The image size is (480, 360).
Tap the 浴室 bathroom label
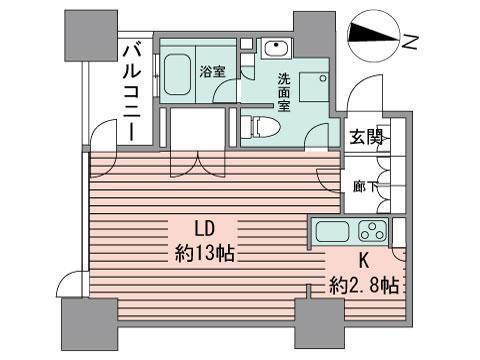click(x=213, y=72)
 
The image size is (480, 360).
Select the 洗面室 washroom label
click(x=284, y=92)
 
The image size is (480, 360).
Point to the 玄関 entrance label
click(x=365, y=138)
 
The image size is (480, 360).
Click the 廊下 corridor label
click(x=364, y=186)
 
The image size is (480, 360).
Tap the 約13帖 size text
click(x=204, y=252)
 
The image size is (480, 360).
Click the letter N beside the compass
click(x=410, y=39)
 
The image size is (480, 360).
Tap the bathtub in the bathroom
click(x=181, y=72)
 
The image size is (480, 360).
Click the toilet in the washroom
click(x=262, y=128)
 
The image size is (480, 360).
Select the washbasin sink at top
click(x=276, y=49)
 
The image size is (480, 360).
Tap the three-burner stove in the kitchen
click(x=371, y=232)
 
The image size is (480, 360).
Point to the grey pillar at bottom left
click(x=89, y=325)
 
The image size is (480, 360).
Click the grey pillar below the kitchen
click(x=321, y=326)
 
